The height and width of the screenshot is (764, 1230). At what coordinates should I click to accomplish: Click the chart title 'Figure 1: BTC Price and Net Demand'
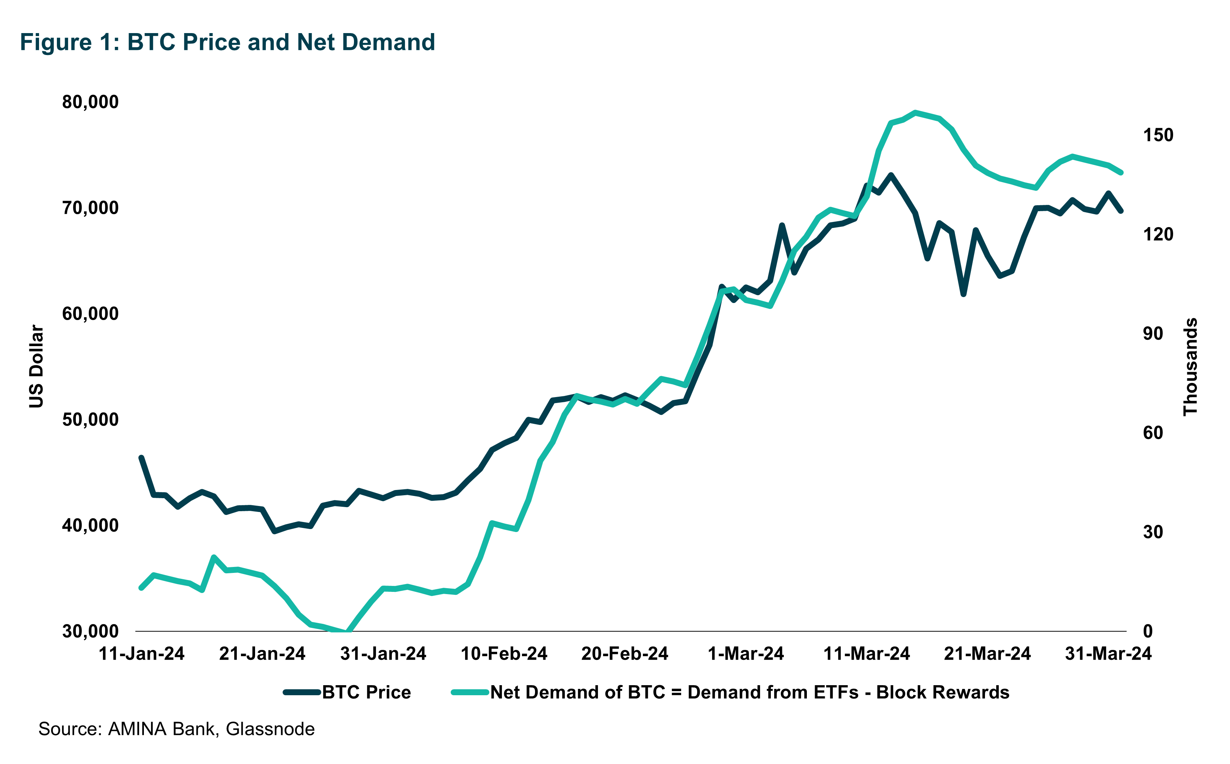click(x=228, y=42)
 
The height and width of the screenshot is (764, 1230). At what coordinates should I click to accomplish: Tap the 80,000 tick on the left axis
click(x=90, y=102)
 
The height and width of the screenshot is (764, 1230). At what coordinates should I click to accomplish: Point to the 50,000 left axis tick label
click(x=90, y=420)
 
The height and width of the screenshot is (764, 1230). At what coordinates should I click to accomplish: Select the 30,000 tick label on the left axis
click(x=90, y=631)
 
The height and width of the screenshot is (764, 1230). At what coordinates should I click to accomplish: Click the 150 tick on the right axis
click(x=1158, y=135)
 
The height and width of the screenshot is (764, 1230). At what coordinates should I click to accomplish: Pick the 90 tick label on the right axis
click(x=1153, y=333)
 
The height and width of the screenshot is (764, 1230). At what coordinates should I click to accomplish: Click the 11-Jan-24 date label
click(x=142, y=654)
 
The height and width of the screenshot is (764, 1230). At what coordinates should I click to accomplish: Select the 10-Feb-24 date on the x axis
click(x=504, y=654)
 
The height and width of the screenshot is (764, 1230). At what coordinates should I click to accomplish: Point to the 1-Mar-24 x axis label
click(x=746, y=654)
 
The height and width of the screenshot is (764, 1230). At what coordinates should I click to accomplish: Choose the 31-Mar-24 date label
click(x=1108, y=654)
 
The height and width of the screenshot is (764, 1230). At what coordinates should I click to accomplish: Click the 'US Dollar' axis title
click(x=36, y=366)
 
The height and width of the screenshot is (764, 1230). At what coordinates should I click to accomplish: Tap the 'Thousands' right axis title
click(x=1191, y=366)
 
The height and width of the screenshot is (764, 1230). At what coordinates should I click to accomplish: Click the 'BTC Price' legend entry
click(x=366, y=692)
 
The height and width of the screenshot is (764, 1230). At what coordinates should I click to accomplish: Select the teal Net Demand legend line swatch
click(x=470, y=692)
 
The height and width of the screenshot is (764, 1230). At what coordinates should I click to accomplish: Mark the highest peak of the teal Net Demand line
click(x=915, y=112)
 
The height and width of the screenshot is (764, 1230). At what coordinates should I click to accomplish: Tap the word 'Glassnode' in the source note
click(x=270, y=729)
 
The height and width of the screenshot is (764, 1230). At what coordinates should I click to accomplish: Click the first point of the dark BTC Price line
click(x=142, y=458)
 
